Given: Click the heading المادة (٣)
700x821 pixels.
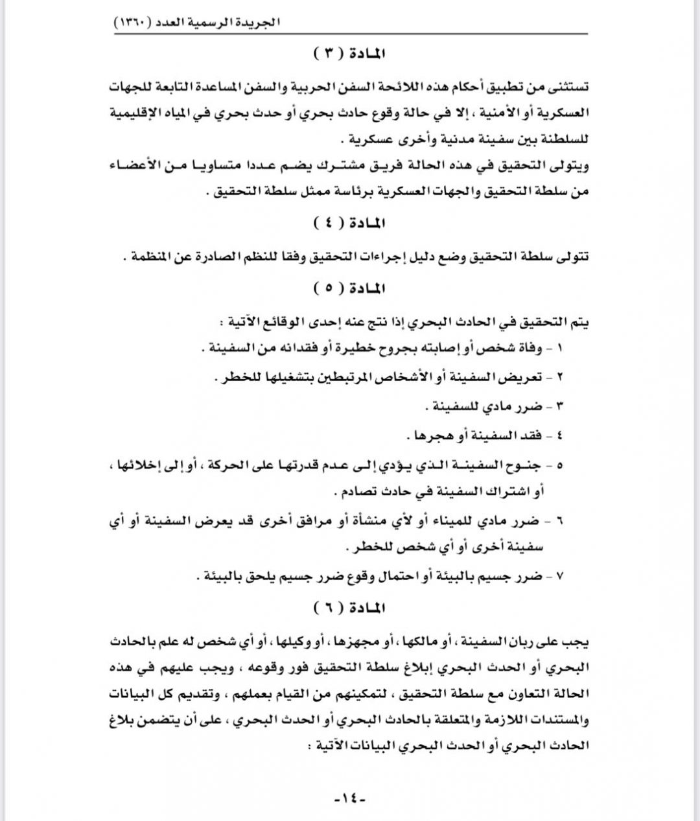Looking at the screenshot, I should coord(349,54).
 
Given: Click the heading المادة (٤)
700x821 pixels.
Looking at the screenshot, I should coord(349,224).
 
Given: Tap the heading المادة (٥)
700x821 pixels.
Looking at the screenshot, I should coord(349,288).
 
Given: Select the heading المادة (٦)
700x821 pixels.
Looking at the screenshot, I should coord(349,608).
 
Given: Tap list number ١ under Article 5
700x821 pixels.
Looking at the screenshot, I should coord(559,348).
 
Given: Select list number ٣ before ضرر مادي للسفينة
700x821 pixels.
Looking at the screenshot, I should coord(559,406).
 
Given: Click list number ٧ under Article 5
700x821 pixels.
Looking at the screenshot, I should coord(559,575).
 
